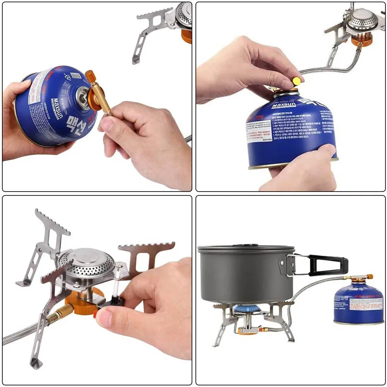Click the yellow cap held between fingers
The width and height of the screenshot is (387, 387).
[296, 81]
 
